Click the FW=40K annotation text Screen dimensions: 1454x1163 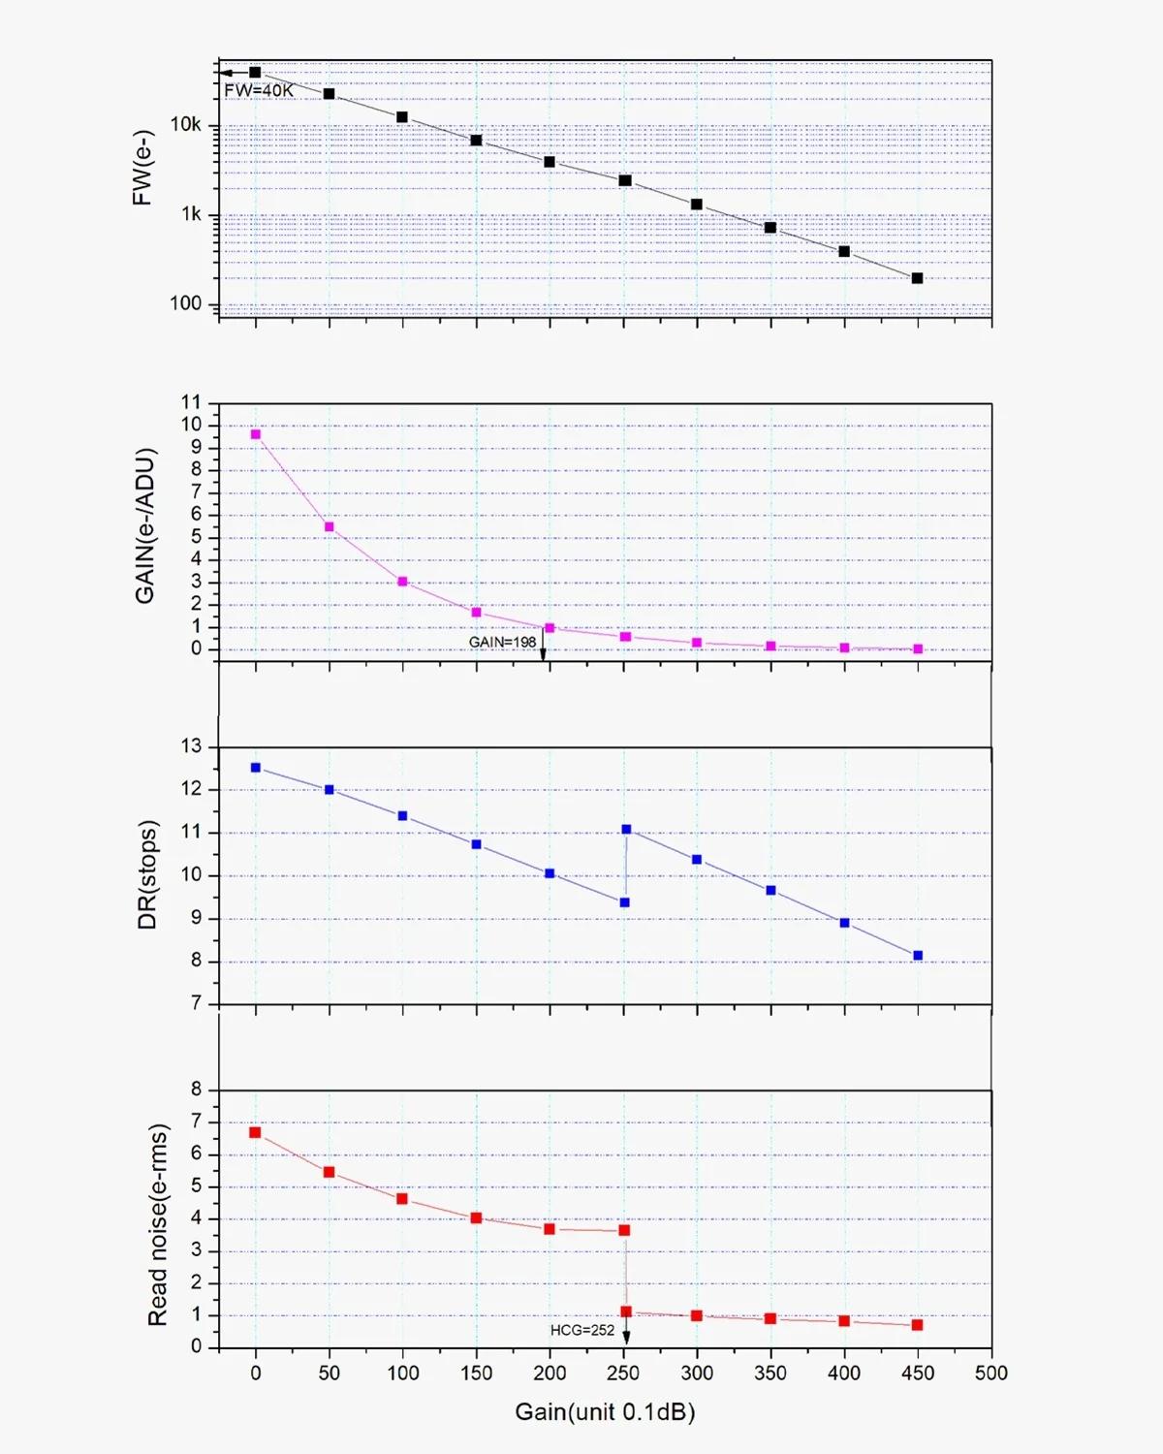[258, 90]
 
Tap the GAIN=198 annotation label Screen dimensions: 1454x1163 [502, 642]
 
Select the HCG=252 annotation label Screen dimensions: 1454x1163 [581, 1330]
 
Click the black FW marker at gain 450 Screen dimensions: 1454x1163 [917, 278]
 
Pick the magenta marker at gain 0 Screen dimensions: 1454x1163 [256, 434]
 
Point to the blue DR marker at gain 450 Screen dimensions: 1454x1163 [918, 956]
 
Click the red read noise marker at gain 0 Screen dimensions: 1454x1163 [255, 1132]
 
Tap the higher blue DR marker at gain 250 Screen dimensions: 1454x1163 [626, 830]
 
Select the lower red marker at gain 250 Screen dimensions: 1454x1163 [626, 1312]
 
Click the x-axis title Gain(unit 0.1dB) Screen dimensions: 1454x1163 [605, 1411]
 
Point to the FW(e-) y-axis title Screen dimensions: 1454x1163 [142, 167]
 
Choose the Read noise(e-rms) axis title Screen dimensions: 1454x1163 [158, 1224]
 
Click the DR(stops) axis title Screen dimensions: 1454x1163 [147, 875]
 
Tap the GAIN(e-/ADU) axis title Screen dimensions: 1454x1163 [145, 525]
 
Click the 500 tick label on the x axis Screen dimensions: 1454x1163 [990, 1373]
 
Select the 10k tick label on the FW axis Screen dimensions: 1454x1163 [185, 125]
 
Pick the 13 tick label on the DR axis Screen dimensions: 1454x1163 [191, 746]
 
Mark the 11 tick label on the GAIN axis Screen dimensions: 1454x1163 [191, 402]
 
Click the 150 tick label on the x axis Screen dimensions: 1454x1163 [476, 1373]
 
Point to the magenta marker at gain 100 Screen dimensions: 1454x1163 [402, 582]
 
